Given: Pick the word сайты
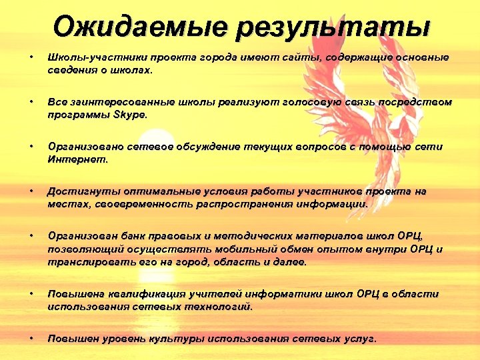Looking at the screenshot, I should (x=301, y=57).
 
